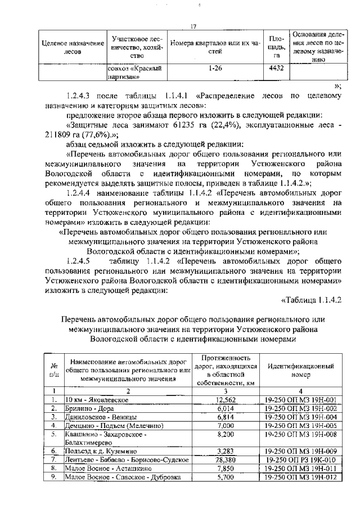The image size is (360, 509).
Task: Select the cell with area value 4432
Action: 277,69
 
